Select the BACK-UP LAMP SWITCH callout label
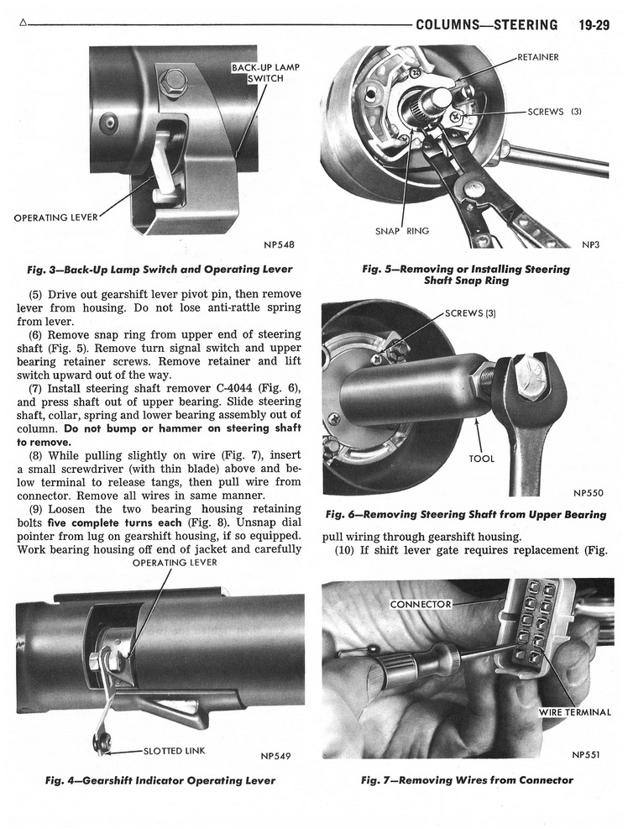265,73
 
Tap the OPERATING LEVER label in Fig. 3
56,218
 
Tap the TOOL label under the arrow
481,459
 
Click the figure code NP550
589,493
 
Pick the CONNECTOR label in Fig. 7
421,604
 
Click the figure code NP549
275,755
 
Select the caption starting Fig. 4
160,780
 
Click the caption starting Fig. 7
467,780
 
